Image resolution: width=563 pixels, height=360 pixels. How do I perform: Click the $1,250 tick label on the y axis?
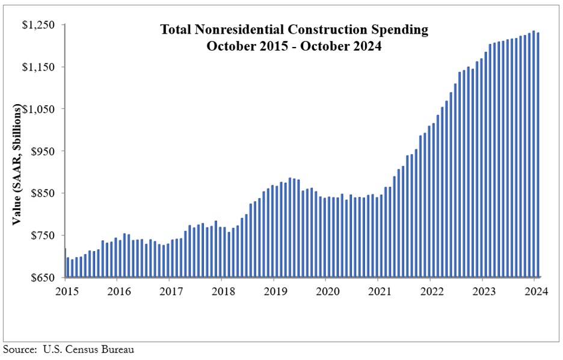pos(39,25)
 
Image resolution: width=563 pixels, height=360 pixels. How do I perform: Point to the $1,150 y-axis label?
pos(39,67)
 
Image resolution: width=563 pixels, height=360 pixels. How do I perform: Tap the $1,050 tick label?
pos(39,109)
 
